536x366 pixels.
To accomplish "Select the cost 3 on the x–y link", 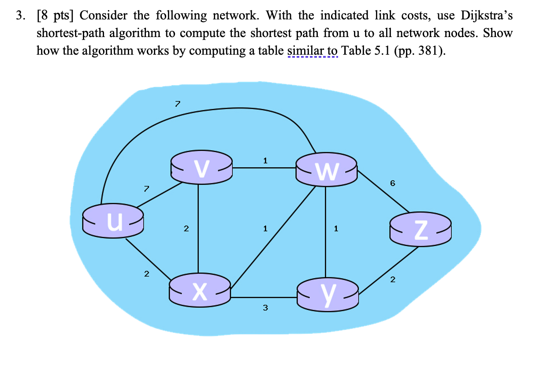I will coord(265,308).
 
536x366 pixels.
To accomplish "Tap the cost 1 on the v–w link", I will coord(264,161).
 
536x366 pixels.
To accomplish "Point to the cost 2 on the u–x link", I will coord(147,274).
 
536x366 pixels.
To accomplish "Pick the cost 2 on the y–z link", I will coord(393,279).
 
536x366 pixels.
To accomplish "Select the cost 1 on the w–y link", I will coord(336,228).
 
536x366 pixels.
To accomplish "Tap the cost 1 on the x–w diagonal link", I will coord(264,228).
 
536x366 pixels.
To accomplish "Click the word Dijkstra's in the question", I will coord(487,16).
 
